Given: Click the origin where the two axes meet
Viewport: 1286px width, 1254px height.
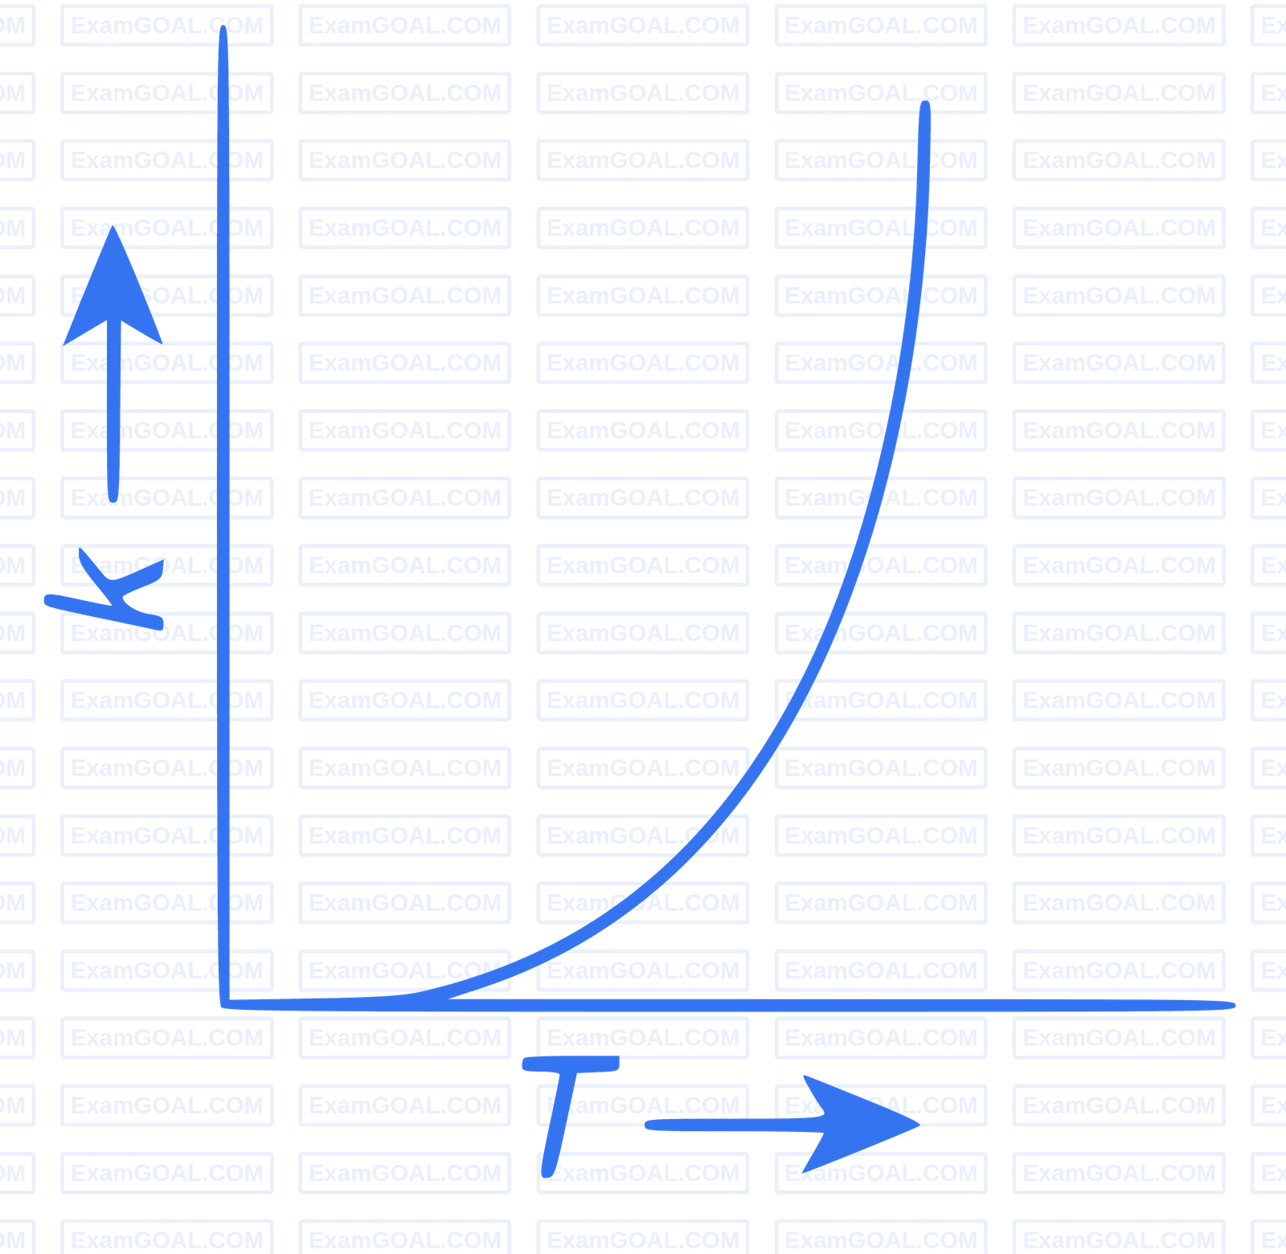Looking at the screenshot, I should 224,1003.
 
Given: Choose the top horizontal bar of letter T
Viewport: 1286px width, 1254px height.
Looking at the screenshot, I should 571,1064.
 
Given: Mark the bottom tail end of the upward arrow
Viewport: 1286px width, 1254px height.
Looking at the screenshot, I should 113,494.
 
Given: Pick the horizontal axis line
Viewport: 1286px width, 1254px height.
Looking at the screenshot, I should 723,1005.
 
